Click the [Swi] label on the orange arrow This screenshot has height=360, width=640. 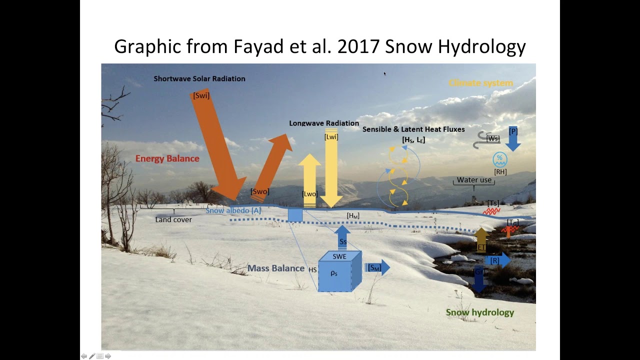[201, 95]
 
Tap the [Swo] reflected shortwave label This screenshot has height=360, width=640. [259, 191]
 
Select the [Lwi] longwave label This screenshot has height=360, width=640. [331, 136]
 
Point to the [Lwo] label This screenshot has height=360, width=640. [309, 194]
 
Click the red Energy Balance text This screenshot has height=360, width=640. [167, 158]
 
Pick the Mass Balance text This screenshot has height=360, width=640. [275, 268]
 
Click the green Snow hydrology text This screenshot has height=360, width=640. [479, 312]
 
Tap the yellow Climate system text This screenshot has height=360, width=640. [480, 83]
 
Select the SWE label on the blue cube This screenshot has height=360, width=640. [339, 256]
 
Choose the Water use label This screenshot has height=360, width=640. [474, 180]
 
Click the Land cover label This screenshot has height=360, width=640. [173, 219]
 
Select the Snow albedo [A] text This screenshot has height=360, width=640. [233, 210]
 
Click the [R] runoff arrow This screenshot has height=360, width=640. [497, 260]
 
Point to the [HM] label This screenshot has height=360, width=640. [353, 216]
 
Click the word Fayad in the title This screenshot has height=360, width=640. [256, 46]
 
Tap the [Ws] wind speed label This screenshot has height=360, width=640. [492, 138]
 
